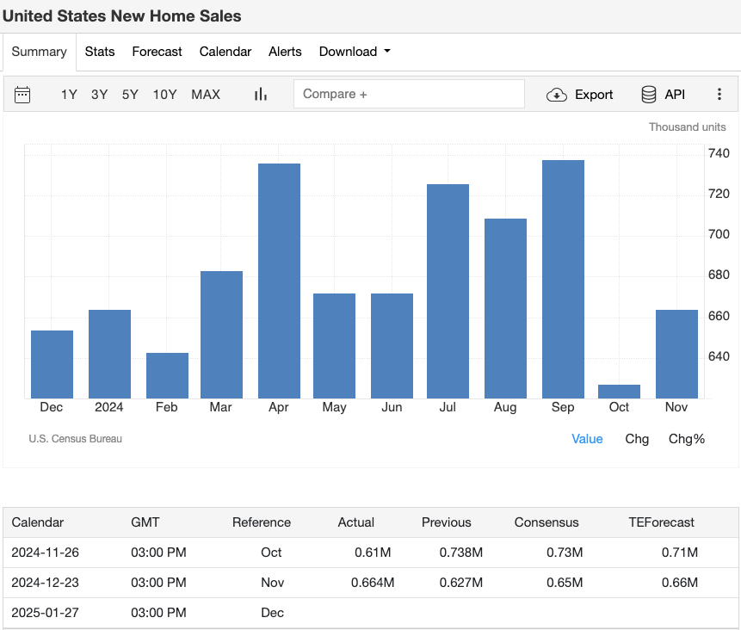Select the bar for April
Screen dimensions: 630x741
coord(279,281)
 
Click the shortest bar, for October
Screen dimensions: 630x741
coord(619,392)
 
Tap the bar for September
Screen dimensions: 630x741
coord(563,279)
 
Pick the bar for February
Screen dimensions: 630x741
coord(167,375)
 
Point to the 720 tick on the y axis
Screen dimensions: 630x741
coord(719,195)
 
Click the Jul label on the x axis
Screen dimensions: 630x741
coord(448,407)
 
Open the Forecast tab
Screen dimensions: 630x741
coord(157,52)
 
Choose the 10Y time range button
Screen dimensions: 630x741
coord(164,95)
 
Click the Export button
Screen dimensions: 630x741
coord(580,95)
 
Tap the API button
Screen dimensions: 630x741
coord(663,95)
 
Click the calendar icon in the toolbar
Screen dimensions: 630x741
coord(22,95)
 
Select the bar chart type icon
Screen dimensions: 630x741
coord(261,95)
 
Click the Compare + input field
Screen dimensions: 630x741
coord(409,94)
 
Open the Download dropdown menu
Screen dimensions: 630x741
coord(355,52)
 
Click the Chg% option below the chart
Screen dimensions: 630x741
coord(686,439)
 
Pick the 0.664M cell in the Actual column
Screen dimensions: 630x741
coord(373,583)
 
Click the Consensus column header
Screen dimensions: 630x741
coord(546,522)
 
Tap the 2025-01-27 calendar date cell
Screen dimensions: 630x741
coord(45,613)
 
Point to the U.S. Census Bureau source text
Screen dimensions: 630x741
coord(76,439)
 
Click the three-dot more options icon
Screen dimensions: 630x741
coord(719,95)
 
